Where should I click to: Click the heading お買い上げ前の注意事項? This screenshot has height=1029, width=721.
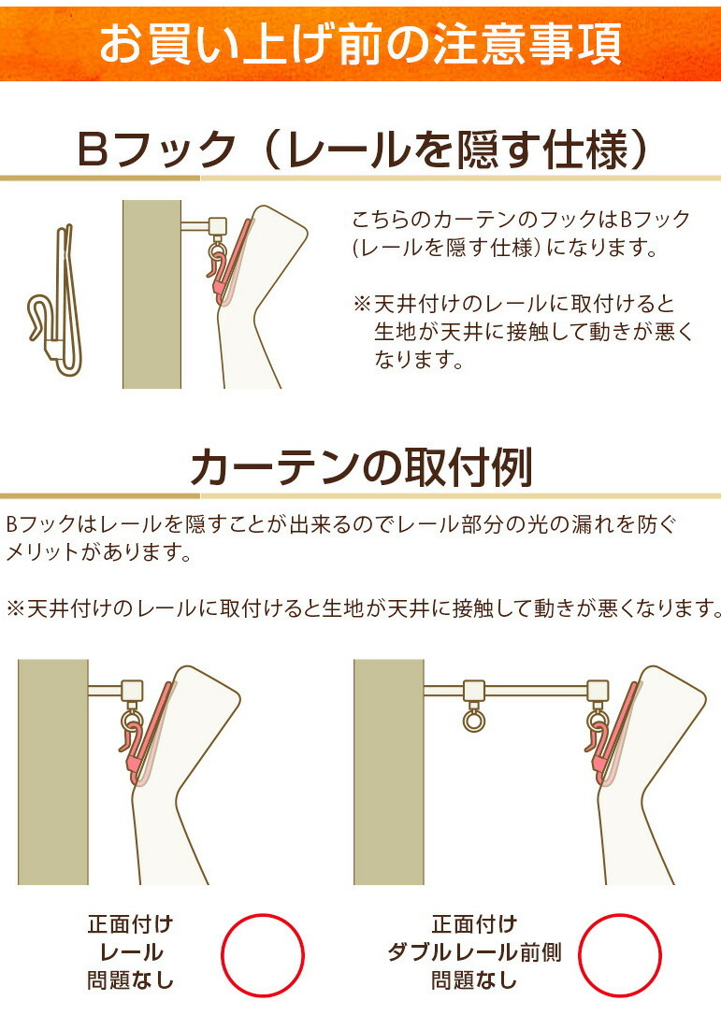coord(360,43)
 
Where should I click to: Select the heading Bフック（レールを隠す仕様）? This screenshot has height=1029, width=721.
coord(360,150)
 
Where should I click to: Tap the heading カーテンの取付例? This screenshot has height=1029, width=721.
coord(361,467)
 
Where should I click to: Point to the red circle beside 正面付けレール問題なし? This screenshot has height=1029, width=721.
coord(262,955)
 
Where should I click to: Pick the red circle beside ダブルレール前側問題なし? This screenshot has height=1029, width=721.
coord(619,955)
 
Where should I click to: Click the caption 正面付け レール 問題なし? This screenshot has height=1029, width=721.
coord(131,953)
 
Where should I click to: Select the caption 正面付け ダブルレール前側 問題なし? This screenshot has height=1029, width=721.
coord(474,953)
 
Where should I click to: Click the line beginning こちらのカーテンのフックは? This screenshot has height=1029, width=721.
coord(521,221)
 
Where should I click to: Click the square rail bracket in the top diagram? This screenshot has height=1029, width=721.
coord(218,226)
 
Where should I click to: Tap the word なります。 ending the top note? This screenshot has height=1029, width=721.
coord(419,360)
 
